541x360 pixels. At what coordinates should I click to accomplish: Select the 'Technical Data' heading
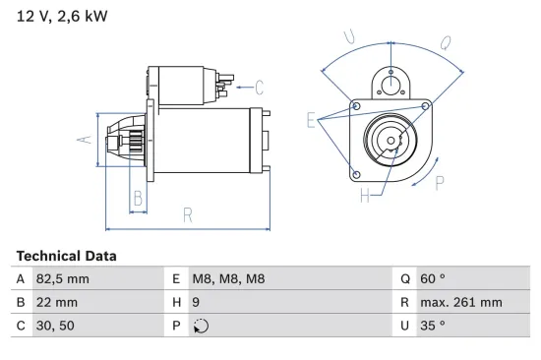(x=66, y=256)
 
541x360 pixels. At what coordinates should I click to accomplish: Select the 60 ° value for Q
(x=433, y=279)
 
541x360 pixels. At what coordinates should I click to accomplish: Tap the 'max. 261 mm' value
(x=460, y=303)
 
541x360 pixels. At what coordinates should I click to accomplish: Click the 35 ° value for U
(x=433, y=326)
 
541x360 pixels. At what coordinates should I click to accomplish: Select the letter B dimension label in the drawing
(x=139, y=198)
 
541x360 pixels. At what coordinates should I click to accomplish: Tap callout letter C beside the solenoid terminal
(x=259, y=86)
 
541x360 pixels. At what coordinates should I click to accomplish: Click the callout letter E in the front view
(x=312, y=122)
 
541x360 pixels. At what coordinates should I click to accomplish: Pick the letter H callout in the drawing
(x=365, y=196)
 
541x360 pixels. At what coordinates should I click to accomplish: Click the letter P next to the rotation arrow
(x=439, y=182)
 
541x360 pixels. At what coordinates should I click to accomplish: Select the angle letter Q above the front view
(x=445, y=42)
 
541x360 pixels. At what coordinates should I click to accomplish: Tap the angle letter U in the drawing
(x=349, y=37)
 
